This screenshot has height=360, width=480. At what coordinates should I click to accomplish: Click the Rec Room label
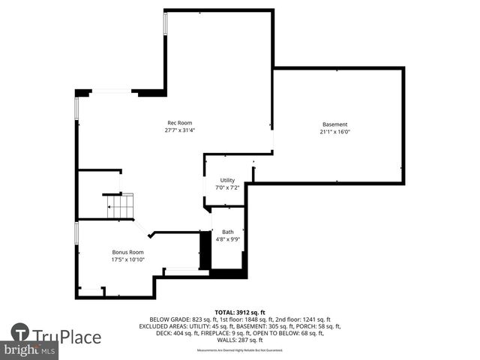(179, 122)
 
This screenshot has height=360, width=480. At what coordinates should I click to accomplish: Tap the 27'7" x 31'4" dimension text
(179, 130)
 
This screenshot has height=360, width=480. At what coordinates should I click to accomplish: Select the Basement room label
(334, 124)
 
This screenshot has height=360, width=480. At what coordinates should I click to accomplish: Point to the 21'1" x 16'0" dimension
(334, 132)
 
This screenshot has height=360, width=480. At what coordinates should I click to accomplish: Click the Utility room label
(227, 180)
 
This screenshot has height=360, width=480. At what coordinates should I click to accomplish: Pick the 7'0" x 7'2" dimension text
(227, 187)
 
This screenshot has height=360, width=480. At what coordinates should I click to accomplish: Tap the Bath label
(227, 232)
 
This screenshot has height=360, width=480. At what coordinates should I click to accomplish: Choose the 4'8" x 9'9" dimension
(227, 239)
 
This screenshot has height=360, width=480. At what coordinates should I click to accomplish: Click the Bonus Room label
(127, 252)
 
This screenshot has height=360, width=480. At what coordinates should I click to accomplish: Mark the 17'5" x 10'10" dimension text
(127, 259)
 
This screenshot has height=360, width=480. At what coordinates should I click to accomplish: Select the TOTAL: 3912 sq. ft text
(240, 312)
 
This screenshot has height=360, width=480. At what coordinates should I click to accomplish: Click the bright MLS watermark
(30, 350)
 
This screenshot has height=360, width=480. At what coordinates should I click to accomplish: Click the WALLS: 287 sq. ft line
(240, 340)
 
